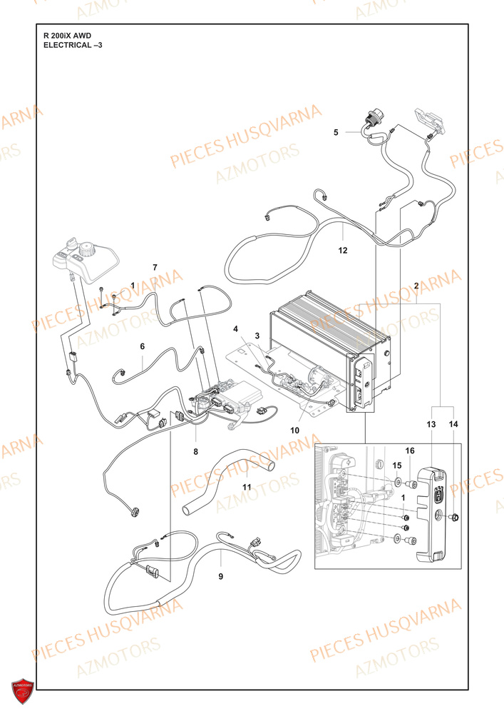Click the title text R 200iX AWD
click(67, 36)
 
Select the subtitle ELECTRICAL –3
click(73, 45)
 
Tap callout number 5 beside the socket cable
click(336, 133)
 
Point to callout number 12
click(343, 251)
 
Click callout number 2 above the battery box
click(416, 286)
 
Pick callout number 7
click(155, 267)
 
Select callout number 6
click(143, 346)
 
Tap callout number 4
click(235, 328)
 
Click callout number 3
click(257, 336)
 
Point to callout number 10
click(295, 431)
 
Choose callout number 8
click(196, 452)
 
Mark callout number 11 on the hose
click(247, 487)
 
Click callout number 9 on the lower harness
click(221, 576)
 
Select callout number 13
click(431, 424)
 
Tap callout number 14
click(453, 424)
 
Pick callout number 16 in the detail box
click(410, 451)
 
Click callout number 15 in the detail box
click(397, 466)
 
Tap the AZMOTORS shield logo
click(23, 691)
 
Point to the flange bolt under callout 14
click(455, 517)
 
